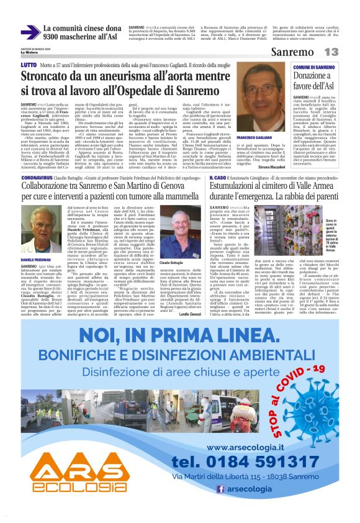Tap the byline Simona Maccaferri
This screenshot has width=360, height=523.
tap(268, 167)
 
